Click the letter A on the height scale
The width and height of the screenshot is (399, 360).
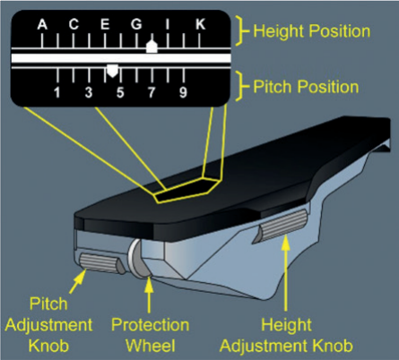[42, 24]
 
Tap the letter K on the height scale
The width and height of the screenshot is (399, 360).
[201, 24]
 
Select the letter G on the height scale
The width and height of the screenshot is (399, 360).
[136, 24]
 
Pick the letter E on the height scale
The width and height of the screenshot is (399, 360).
[105, 24]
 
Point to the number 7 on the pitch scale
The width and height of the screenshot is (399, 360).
[152, 92]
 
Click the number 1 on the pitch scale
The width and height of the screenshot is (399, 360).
[56, 92]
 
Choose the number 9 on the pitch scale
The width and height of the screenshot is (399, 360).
[183, 92]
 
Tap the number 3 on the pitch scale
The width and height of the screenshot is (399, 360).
[89, 92]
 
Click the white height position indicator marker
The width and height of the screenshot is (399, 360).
[152, 47]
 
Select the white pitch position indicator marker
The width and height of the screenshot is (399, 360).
[113, 71]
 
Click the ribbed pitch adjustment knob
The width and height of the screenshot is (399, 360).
[101, 263]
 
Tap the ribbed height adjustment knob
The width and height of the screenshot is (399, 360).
[282, 226]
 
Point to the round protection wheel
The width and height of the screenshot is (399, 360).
[139, 258]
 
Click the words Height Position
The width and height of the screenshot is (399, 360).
[312, 30]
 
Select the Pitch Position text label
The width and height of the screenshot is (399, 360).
[306, 87]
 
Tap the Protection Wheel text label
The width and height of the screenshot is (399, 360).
[150, 335]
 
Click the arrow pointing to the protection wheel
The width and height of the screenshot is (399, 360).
[149, 295]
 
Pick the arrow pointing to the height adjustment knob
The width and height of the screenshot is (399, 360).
[286, 275]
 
